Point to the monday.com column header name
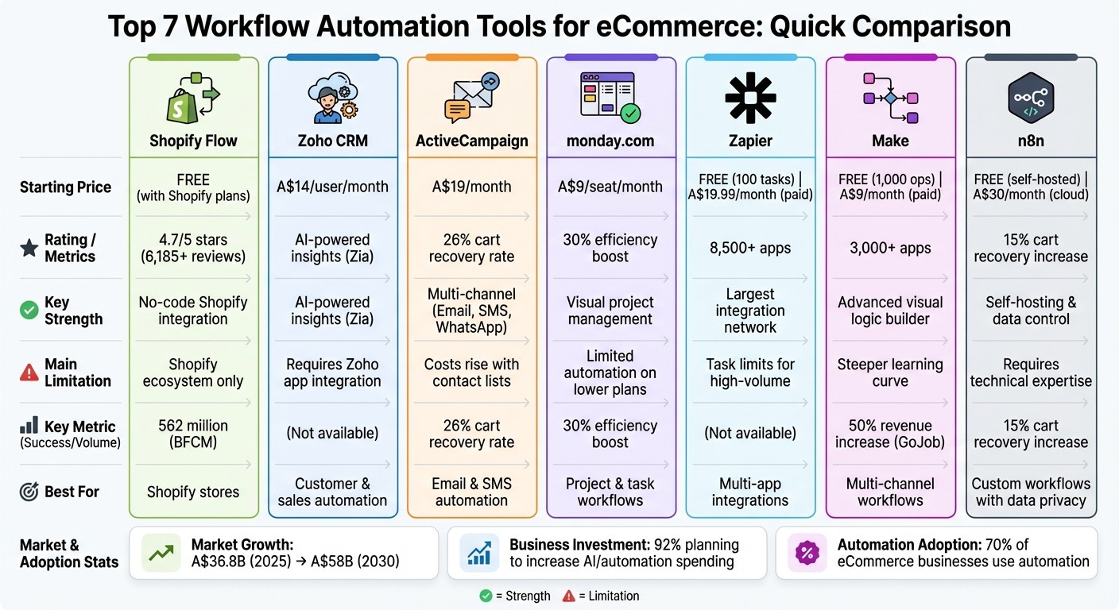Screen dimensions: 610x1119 click(610, 141)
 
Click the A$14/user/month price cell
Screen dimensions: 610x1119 click(332, 187)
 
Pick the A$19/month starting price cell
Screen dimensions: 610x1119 click(471, 187)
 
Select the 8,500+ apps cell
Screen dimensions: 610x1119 click(749, 248)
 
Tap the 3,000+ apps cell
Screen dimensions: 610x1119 click(890, 248)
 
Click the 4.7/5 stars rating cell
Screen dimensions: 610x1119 click(193, 248)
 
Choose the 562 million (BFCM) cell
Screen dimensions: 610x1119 click(193, 434)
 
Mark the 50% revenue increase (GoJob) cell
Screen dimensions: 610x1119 click(890, 434)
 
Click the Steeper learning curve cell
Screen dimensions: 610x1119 click(890, 373)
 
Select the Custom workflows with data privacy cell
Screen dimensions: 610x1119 click(1031, 492)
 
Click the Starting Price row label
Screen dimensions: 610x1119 click(65, 187)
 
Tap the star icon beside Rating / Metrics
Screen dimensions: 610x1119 click(29, 249)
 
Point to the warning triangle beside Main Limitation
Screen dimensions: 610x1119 click(29, 373)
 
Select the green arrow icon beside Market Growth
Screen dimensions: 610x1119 click(162, 554)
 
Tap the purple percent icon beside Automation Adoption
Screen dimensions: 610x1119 click(807, 554)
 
